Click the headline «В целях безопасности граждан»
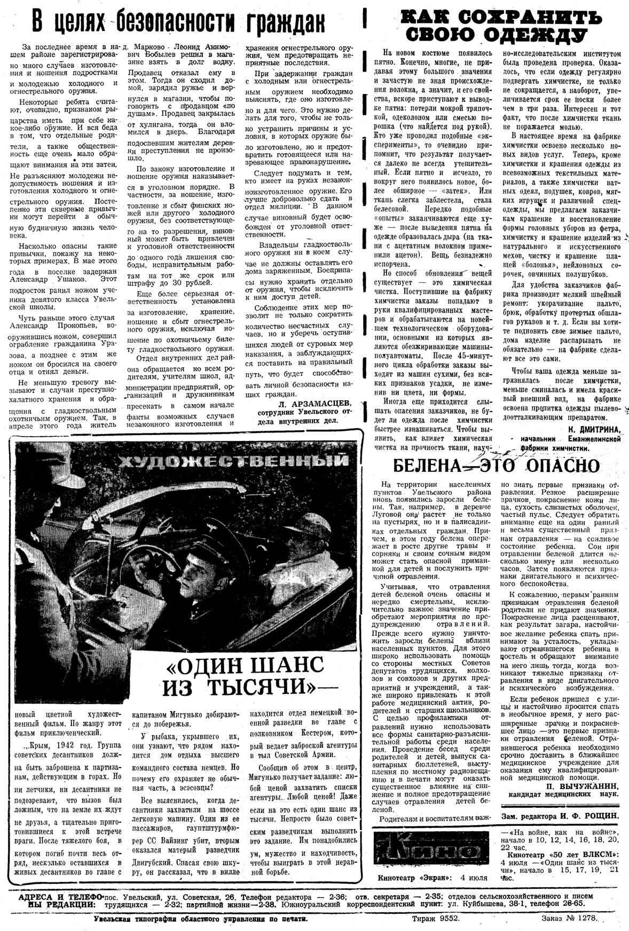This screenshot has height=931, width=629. (178, 22)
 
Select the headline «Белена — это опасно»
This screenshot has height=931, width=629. (497, 465)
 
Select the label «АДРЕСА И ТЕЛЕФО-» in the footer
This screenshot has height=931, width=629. (60, 896)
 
